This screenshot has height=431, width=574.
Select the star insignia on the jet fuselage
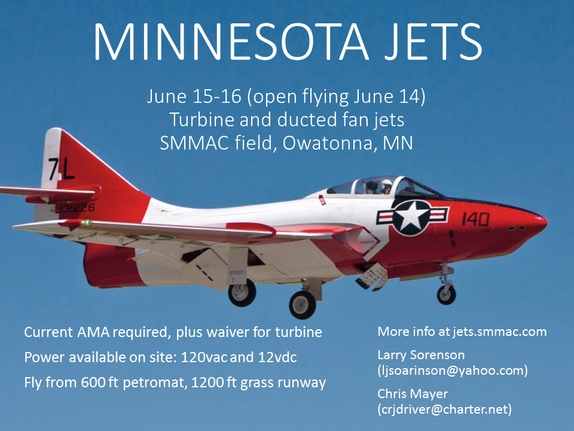pyautogui.click(x=411, y=217)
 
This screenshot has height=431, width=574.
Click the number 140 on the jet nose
pyautogui.click(x=475, y=219)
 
